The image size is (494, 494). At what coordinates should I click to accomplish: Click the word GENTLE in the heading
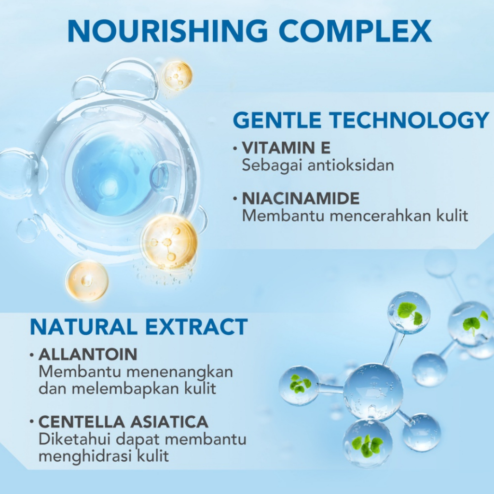point(277,120)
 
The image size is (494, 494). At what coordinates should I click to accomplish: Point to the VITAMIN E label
point(286,148)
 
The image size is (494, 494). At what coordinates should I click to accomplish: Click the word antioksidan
point(351,165)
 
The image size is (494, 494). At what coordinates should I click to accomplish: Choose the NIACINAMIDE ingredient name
point(301,198)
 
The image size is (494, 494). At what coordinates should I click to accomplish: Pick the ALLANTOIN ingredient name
point(88,355)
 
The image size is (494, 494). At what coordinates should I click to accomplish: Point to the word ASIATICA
point(169,422)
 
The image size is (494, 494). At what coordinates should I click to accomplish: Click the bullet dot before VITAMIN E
point(235,148)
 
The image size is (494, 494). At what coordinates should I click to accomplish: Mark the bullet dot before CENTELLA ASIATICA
point(32,422)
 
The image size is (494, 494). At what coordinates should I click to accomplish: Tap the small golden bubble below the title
point(177,76)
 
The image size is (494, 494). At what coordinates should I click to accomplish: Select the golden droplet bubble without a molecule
point(87,281)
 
